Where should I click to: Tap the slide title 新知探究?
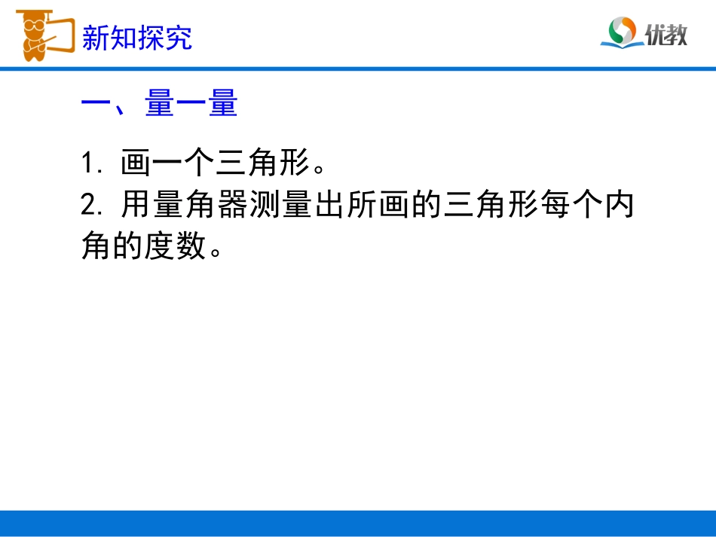(x=136, y=38)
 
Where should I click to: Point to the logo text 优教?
(x=666, y=34)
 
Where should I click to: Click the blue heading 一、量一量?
(x=159, y=104)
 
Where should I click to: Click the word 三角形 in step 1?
(x=262, y=163)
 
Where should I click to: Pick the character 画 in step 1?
(x=136, y=163)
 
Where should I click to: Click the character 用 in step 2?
(x=136, y=205)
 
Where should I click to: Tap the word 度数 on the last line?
(x=175, y=246)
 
